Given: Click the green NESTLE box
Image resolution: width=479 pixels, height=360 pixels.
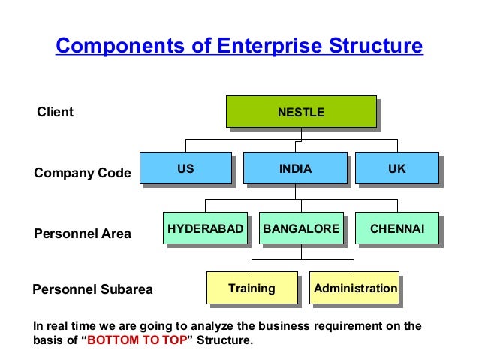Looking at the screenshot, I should [300, 112].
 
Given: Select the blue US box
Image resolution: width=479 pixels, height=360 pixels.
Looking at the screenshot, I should [185, 169].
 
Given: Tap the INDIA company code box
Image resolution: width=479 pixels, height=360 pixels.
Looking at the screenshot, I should [295, 169].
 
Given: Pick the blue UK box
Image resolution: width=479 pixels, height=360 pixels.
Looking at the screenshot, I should [396, 169].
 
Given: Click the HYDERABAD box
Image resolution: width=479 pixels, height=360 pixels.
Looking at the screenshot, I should [205, 228].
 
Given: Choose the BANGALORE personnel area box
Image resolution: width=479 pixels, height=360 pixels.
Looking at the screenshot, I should [300, 228].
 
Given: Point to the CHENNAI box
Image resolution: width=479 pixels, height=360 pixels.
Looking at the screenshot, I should [397, 228].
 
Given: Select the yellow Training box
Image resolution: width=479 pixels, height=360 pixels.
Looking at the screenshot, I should [252, 289].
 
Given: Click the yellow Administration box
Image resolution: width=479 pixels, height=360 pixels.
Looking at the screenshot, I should [355, 289].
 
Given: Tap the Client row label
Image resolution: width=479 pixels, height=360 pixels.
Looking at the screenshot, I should [56, 113].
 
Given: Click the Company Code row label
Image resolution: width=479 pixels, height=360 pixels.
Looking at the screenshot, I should [83, 174].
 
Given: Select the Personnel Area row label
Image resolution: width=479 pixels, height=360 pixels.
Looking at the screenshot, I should [83, 234].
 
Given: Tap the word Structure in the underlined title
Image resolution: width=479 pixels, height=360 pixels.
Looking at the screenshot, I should [373, 47].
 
